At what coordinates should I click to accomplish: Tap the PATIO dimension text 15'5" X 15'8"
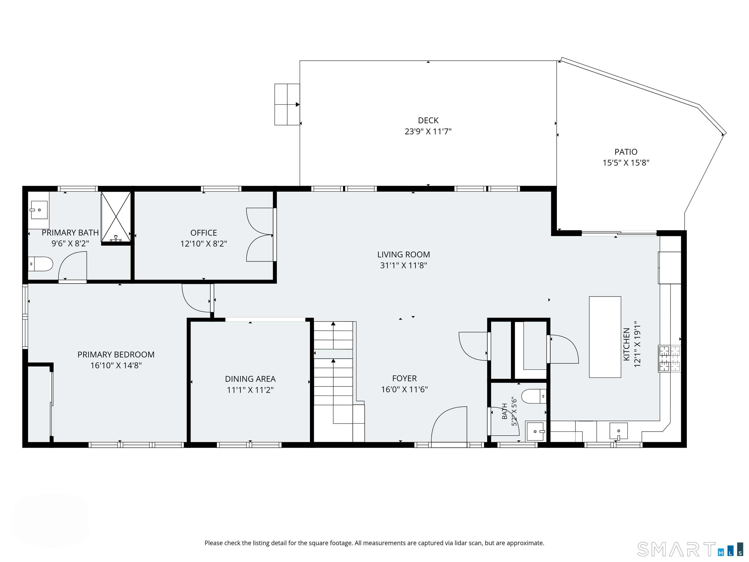coord(626,163)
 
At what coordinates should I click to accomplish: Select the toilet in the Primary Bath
coord(40,264)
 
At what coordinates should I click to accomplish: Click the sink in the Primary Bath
coord(39,210)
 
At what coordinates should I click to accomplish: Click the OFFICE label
coord(204,233)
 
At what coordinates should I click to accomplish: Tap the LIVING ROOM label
coord(404,254)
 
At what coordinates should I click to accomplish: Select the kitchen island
coord(605,337)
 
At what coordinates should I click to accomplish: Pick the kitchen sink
coord(619,431)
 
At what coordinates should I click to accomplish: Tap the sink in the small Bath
coord(535,431)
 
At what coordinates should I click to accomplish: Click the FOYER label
coord(404,378)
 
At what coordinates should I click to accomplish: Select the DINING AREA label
coord(250,379)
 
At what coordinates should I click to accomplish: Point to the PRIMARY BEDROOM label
coord(116,354)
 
